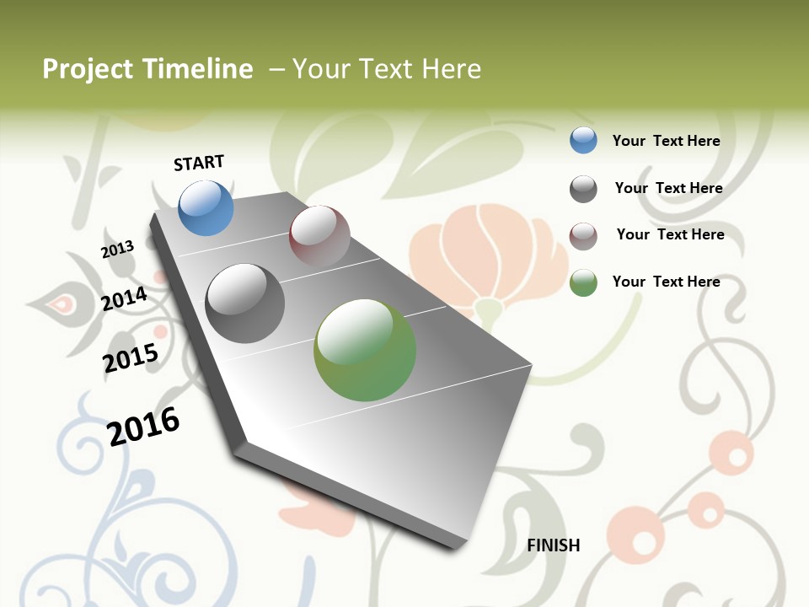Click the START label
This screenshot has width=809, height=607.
tap(199, 163)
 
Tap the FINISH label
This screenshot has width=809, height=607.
tap(554, 545)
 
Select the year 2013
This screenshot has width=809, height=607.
tap(117, 249)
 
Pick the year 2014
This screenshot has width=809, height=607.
tap(124, 299)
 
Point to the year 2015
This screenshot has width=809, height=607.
tap(131, 358)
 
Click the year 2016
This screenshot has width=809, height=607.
tap(143, 426)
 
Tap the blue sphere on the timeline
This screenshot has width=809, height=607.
tap(206, 207)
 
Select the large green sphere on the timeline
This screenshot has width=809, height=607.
tap(365, 350)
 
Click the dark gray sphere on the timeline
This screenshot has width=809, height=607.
tap(245, 303)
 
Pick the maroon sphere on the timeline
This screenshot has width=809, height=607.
tap(319, 236)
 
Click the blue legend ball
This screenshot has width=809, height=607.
tap(583, 140)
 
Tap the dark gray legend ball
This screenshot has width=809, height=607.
tap(583, 189)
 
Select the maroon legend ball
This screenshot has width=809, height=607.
tap(583, 236)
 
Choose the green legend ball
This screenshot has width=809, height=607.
tap(583, 282)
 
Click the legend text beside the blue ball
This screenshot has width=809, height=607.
tap(666, 141)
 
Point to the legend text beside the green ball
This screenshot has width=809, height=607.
tap(666, 282)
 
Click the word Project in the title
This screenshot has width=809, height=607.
tap(88, 69)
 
